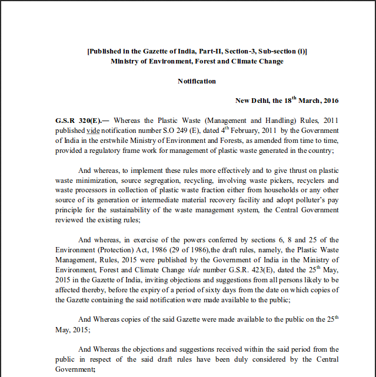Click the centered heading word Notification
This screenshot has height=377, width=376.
(197, 81)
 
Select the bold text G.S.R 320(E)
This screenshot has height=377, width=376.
(75, 120)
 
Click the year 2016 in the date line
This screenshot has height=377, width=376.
(330, 101)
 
